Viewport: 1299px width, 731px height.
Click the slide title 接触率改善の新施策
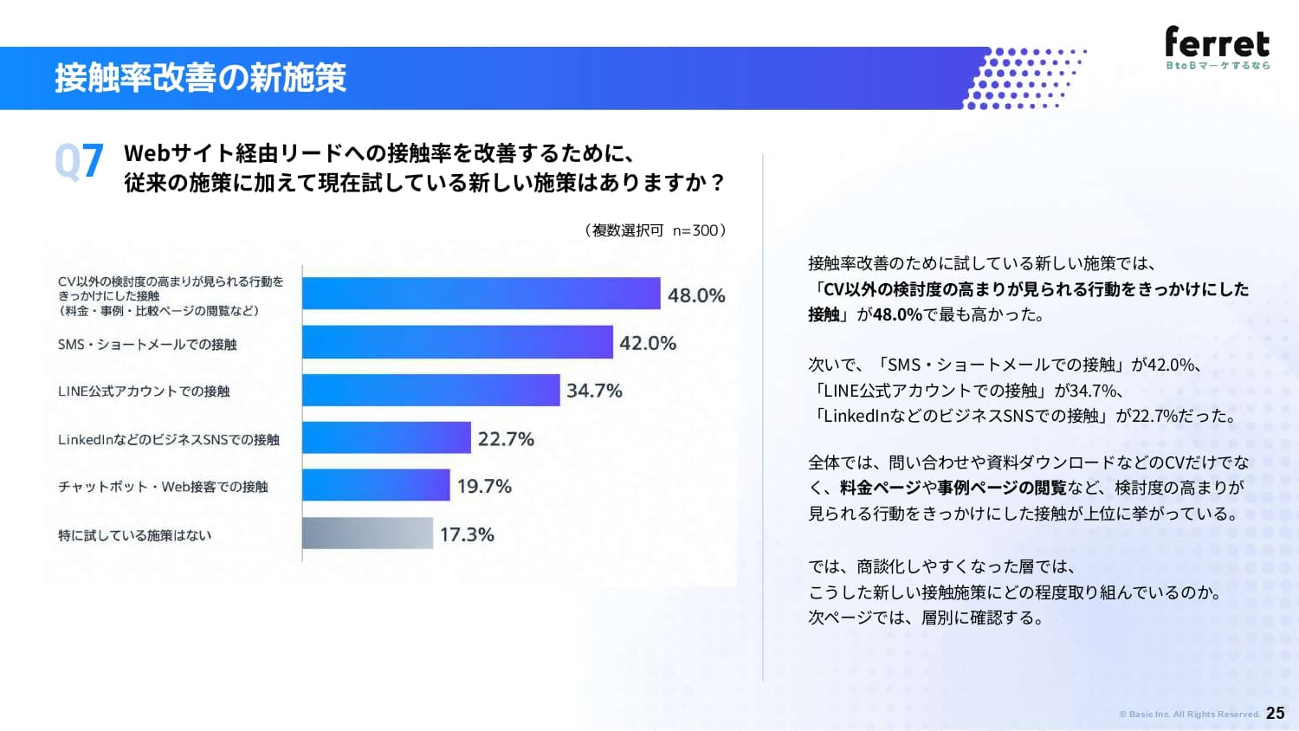pos(201,78)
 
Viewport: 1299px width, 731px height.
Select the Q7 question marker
pos(79,161)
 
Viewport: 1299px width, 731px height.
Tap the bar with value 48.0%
pos(481,294)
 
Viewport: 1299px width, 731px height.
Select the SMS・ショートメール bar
pos(457,342)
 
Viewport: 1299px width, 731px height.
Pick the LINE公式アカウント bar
pos(431,390)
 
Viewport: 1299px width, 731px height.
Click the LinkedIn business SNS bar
pos(386,437)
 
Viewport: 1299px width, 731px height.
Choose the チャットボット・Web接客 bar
pos(376,485)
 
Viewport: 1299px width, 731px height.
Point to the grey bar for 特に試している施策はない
pos(368,534)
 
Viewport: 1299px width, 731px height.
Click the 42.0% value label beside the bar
pos(648,344)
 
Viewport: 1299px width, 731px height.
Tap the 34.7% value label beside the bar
pos(594,391)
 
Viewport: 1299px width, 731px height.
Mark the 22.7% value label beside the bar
pos(506,439)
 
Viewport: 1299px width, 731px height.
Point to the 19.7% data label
pos(484,486)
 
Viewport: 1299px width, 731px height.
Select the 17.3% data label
pos(467,534)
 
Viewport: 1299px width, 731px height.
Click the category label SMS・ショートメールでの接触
pos(147,345)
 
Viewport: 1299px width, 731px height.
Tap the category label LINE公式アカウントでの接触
pos(144,391)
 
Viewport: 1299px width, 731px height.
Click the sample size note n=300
pos(695,230)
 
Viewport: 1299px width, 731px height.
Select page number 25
pos(1276,713)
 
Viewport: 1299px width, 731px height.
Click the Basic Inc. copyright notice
pos(1189,715)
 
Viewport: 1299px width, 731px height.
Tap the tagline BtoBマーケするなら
pos(1218,66)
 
